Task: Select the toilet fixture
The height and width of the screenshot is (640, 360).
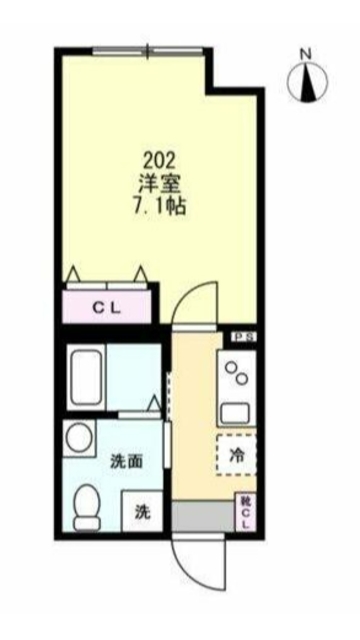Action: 88,505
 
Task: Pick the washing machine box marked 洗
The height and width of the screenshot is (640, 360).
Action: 142,512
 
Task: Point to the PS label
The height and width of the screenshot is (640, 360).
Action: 244,339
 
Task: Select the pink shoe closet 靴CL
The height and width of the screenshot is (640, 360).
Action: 245,513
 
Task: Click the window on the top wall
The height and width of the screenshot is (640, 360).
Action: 147,49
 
